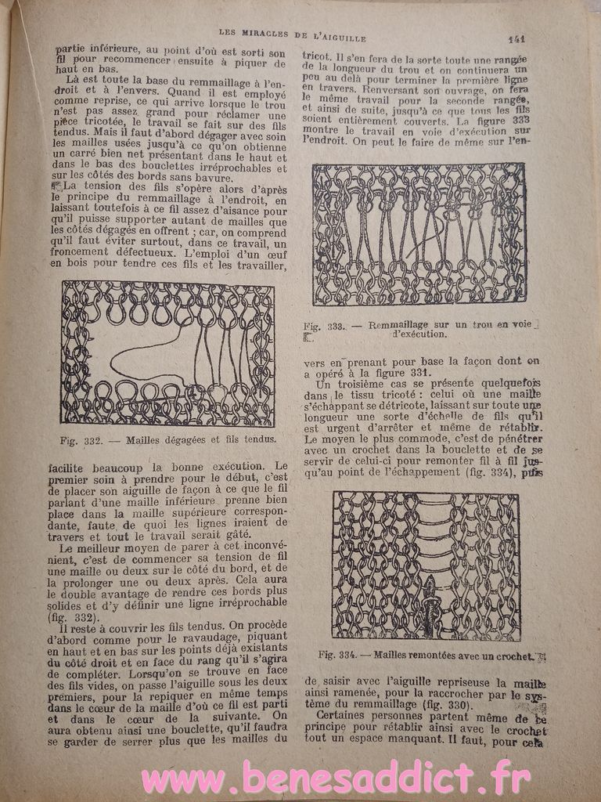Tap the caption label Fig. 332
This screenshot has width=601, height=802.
point(81,440)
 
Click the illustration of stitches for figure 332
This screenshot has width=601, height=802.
point(167,353)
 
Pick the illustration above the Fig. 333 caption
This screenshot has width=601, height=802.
point(419,233)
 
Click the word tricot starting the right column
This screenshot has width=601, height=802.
point(315,56)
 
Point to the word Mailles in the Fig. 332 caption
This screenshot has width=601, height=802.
point(149,440)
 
